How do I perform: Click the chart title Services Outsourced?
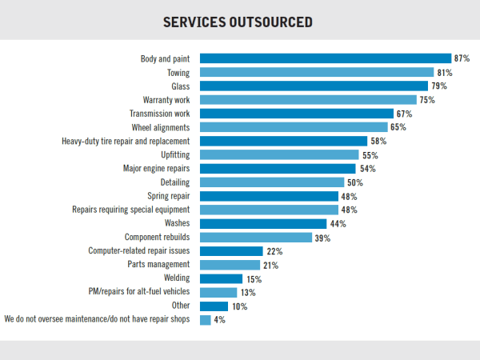[x=238, y=22]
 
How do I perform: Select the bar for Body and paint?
[x=326, y=58]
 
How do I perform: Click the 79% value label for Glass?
[x=439, y=86]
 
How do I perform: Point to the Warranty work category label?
[x=166, y=100]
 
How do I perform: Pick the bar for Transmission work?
[x=296, y=114]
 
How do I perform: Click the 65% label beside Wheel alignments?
[x=399, y=127]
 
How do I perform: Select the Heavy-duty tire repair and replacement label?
[x=125, y=142]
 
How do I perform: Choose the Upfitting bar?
[x=278, y=155]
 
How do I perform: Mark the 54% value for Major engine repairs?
[x=367, y=169]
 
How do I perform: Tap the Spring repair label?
[x=168, y=197]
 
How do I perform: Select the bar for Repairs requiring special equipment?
[x=269, y=210]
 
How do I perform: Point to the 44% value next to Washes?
[x=338, y=224]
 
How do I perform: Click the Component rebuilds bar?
[x=255, y=238]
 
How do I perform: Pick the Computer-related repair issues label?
[x=139, y=251]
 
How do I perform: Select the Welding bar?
[x=220, y=279]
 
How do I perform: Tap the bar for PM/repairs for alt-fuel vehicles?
[x=218, y=293]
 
